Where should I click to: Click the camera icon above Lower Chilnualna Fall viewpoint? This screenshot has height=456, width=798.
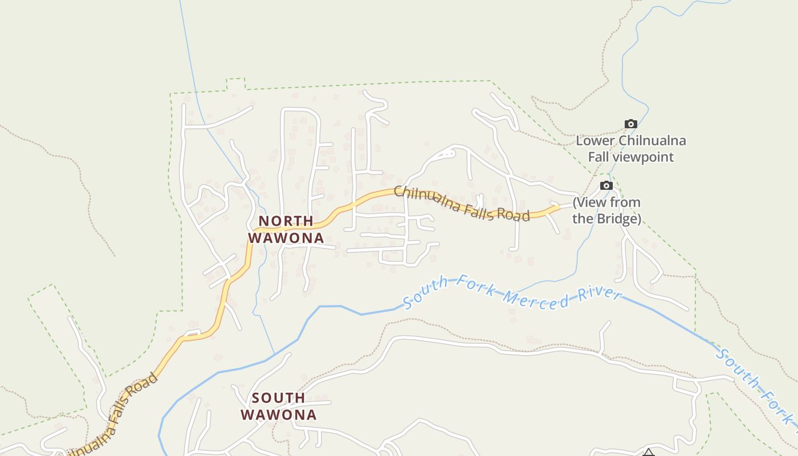(x=630, y=124)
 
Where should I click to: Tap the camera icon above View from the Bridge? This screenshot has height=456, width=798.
(x=606, y=185)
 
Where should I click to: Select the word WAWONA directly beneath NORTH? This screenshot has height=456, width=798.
(x=286, y=238)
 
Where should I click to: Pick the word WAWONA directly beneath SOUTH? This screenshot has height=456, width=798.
(x=279, y=415)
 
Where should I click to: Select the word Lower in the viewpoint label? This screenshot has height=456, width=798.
(x=595, y=141)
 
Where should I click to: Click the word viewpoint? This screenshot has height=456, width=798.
(x=646, y=157)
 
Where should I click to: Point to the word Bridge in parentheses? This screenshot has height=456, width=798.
(x=617, y=218)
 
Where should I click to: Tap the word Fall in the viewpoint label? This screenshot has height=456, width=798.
(x=599, y=157)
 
